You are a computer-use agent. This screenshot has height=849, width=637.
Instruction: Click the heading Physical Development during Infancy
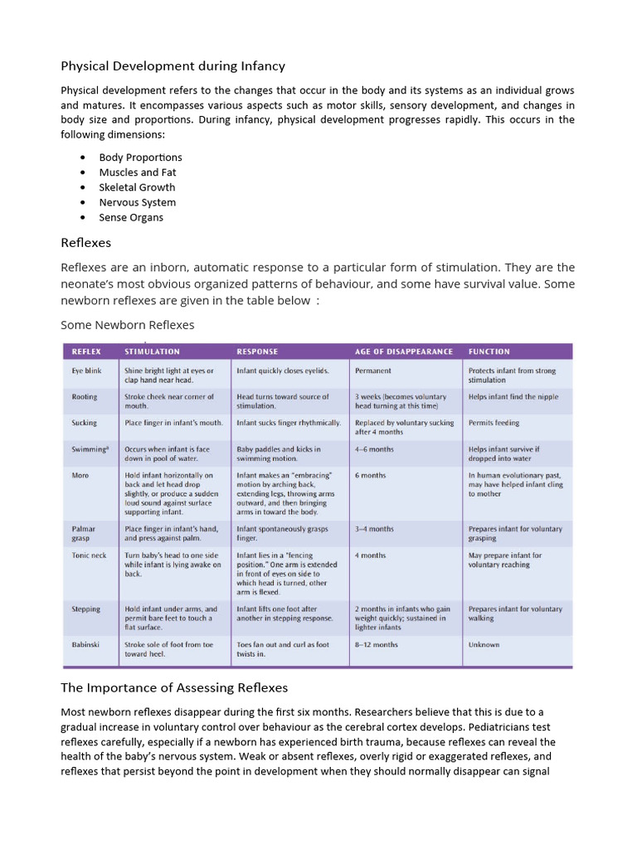173,65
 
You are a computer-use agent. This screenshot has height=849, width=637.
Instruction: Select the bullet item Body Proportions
140,157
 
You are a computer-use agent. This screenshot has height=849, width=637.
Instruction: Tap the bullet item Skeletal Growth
137,187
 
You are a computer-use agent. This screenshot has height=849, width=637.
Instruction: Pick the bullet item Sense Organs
131,217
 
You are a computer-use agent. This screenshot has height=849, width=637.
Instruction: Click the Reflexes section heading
85,243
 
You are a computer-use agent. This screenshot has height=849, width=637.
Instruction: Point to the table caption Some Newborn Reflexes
127,324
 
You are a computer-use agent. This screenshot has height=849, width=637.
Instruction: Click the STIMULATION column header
152,352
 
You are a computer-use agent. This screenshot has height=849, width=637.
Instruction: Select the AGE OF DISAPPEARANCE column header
404,352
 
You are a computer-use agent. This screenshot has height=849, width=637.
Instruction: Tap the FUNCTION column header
489,352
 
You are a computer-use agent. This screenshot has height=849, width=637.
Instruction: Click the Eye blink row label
87,371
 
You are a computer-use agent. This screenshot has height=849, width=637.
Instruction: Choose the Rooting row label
84,397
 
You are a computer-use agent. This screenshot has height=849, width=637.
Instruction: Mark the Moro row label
80,475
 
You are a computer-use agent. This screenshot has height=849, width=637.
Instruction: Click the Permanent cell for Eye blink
373,371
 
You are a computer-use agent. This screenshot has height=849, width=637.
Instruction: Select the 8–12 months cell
376,644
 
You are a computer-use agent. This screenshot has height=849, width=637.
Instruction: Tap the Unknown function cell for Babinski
484,644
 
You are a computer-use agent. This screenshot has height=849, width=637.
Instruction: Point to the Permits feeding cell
494,423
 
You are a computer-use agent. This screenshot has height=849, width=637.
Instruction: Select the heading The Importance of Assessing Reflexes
174,687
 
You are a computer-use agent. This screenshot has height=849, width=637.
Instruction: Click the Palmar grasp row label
84,533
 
